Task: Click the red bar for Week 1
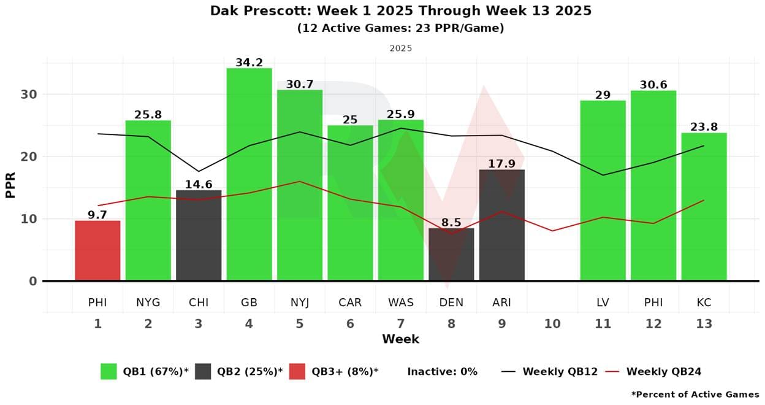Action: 97,251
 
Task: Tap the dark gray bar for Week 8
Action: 451,255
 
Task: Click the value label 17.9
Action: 501,164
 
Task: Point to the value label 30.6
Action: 653,85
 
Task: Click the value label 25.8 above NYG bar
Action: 148,115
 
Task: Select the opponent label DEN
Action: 451,303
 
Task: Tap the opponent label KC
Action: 704,303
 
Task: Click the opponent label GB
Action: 249,303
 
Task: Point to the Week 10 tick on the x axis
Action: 552,324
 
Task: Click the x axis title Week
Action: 400,339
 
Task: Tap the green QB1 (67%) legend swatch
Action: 108,371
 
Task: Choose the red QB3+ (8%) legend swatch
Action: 297,371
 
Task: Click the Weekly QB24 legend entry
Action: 653,371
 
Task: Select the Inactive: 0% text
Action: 442,371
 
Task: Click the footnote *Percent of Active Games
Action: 695,395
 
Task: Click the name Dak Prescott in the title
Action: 253,11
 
